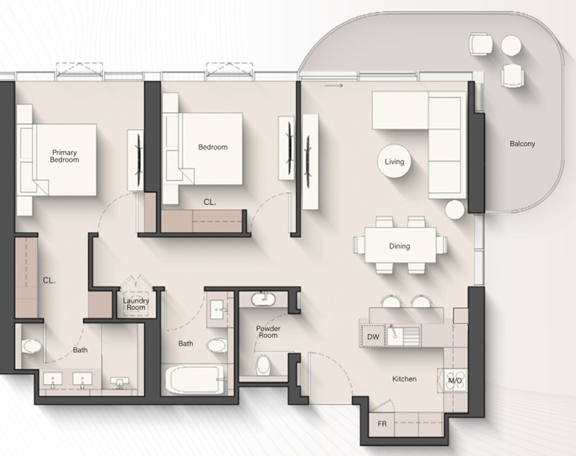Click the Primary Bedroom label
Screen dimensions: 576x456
click(x=64, y=156)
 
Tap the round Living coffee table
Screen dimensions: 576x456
click(x=394, y=161)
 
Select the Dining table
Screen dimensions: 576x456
click(x=400, y=245)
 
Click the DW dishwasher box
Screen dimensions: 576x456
click(x=373, y=336)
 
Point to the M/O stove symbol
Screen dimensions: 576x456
click(x=455, y=380)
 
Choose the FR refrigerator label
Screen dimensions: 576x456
click(x=382, y=424)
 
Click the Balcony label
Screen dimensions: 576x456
click(x=522, y=143)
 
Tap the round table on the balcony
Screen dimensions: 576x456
click(x=511, y=45)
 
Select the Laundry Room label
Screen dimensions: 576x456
click(x=136, y=304)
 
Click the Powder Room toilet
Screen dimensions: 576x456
click(x=264, y=365)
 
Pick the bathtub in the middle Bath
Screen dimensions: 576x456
click(x=194, y=379)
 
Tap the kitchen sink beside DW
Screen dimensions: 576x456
click(x=395, y=335)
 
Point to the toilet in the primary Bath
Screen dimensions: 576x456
click(x=32, y=346)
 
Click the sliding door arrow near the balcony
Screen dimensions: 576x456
click(x=333, y=86)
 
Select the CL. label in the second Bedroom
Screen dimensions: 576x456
click(x=210, y=202)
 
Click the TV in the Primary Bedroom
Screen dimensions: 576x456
click(x=139, y=160)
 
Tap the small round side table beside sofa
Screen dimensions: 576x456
click(x=455, y=210)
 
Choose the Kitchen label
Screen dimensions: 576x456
click(x=404, y=378)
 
